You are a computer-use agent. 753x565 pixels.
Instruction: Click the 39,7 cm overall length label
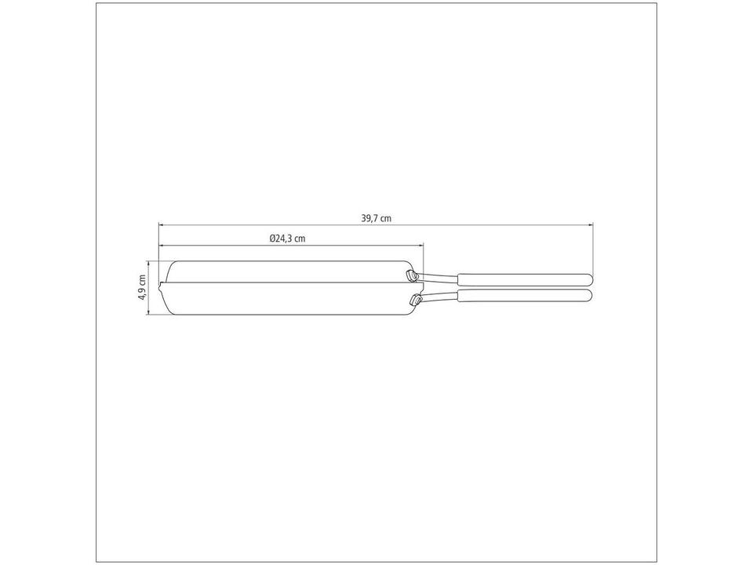click(x=376, y=219)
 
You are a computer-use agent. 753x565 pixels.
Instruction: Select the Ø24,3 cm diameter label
click(x=286, y=238)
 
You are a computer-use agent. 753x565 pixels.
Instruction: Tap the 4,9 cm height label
click(x=142, y=288)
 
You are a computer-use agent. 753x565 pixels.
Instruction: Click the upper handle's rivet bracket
click(x=410, y=275)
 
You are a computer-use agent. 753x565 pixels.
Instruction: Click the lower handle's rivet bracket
click(x=413, y=298)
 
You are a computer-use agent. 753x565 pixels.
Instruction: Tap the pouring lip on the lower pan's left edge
click(x=162, y=286)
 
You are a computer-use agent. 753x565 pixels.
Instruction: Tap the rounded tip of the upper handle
click(x=589, y=278)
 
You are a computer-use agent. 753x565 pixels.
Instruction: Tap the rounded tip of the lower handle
click(x=589, y=296)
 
